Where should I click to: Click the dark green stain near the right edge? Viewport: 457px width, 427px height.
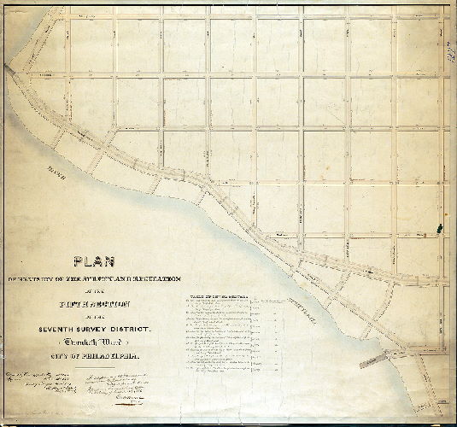point(441,228)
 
